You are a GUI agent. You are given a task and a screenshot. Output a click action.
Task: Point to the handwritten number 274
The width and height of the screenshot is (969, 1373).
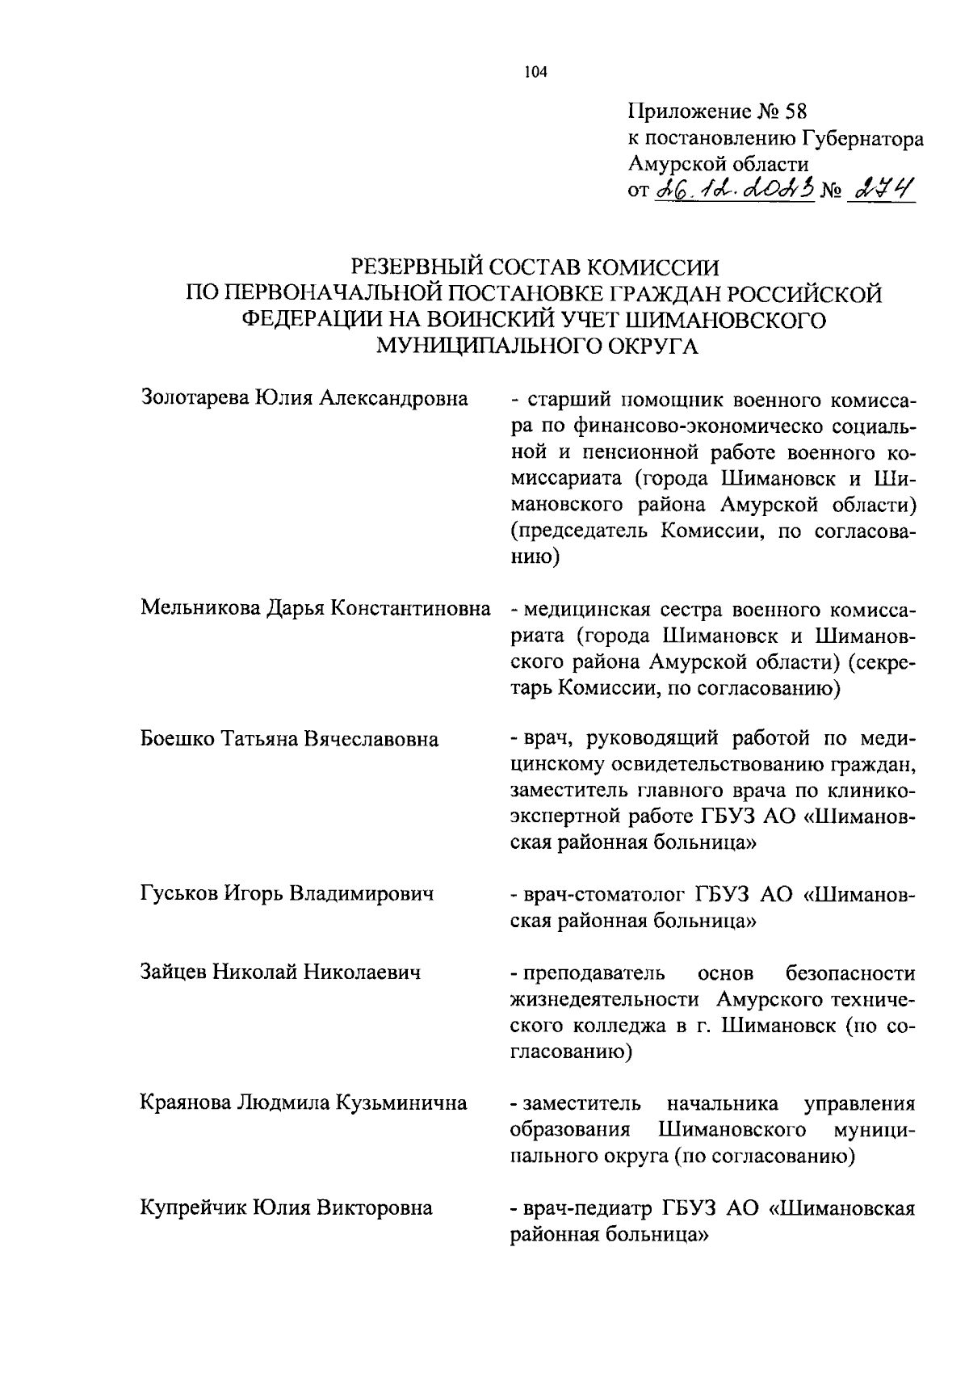click(x=879, y=191)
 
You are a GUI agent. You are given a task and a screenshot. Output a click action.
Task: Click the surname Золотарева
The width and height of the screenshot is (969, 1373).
click(x=195, y=397)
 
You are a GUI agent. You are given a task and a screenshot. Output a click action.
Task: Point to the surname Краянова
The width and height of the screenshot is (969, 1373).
click(x=185, y=1102)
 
